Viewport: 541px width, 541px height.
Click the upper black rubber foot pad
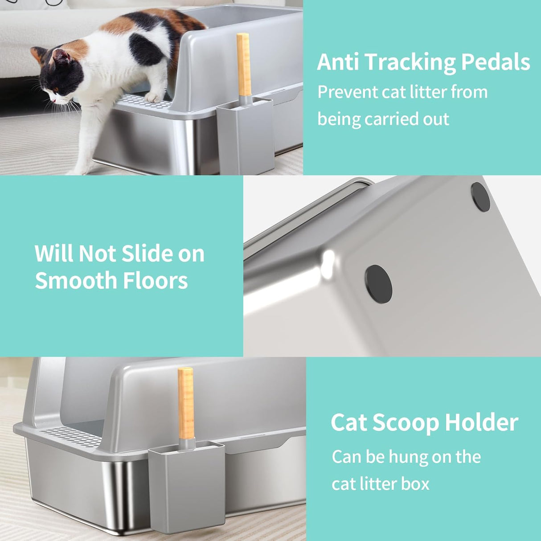click(480, 197)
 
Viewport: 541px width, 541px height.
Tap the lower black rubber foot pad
click(379, 284)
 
